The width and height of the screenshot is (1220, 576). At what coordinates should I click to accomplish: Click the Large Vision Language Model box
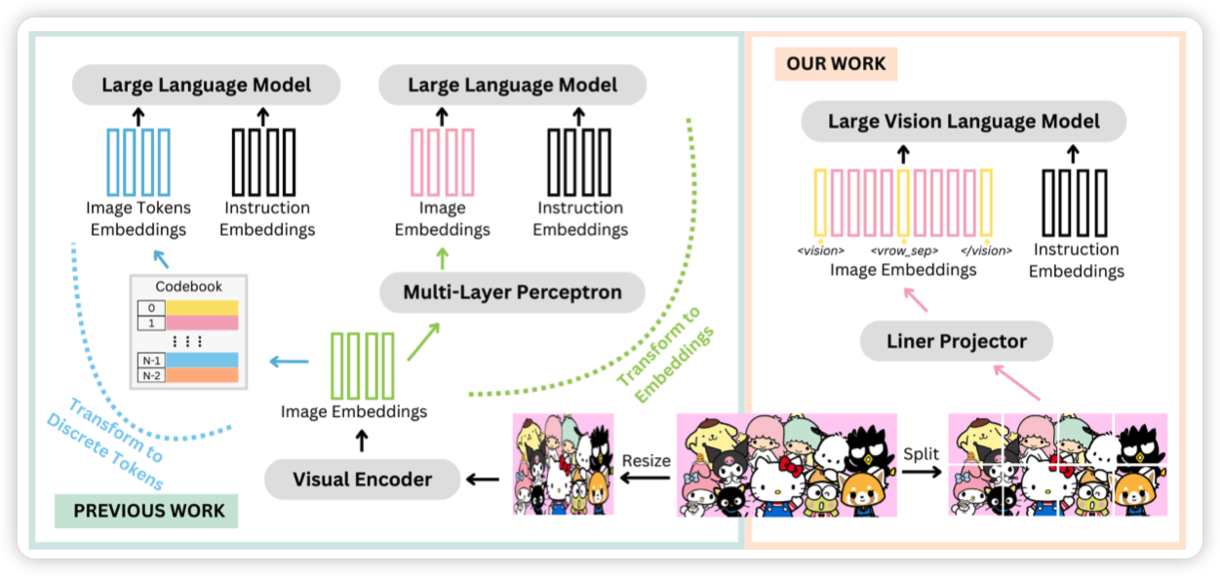pos(964,122)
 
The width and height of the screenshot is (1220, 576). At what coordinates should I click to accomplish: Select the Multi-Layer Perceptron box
pos(512,291)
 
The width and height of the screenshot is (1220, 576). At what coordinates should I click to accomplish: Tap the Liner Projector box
pos(957,341)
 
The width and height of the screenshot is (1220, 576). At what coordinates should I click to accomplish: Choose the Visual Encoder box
pos(363,479)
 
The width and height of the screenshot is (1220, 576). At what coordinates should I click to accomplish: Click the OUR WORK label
pos(836,64)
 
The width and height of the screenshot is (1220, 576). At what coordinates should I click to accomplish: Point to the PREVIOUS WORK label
pos(149,511)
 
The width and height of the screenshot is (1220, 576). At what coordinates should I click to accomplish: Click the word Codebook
pos(189,287)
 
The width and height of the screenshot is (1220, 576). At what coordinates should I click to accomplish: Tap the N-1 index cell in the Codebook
pos(151,360)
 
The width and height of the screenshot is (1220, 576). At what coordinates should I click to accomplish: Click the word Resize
pos(646,459)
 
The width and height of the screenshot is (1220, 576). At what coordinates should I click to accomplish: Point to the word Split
pos(921,455)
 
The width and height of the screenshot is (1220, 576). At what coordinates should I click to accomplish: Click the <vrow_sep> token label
pos(904,250)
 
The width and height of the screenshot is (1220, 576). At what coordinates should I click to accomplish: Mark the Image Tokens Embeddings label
pos(138,218)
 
